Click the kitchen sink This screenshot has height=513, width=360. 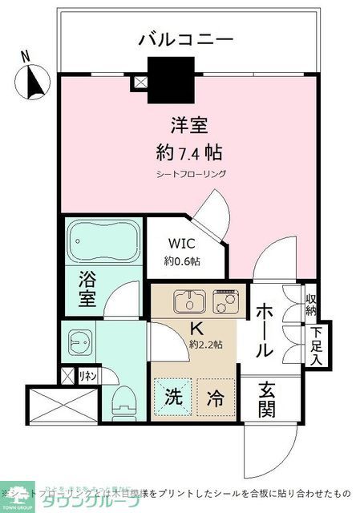[188, 303]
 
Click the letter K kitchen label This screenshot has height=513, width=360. [196, 328]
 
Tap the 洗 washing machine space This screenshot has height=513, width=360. [172, 396]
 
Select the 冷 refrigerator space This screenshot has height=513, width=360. [215, 396]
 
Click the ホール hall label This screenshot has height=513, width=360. [265, 330]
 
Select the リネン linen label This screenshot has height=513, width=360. [87, 374]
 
